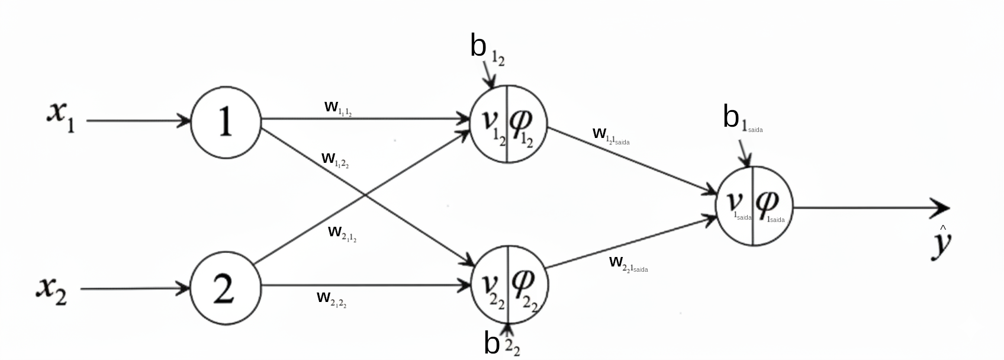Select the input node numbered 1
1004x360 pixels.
(x=226, y=122)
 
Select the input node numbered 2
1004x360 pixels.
(x=226, y=288)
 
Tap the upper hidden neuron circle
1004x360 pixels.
(x=507, y=124)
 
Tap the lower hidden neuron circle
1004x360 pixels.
(x=509, y=285)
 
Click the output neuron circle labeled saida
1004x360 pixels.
(x=754, y=206)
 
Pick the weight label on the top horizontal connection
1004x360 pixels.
(x=338, y=108)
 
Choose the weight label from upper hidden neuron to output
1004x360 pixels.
(x=610, y=136)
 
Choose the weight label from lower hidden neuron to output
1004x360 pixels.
(x=627, y=263)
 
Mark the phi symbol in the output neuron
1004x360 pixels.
(x=768, y=203)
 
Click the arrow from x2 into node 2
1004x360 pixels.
(x=133, y=289)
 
